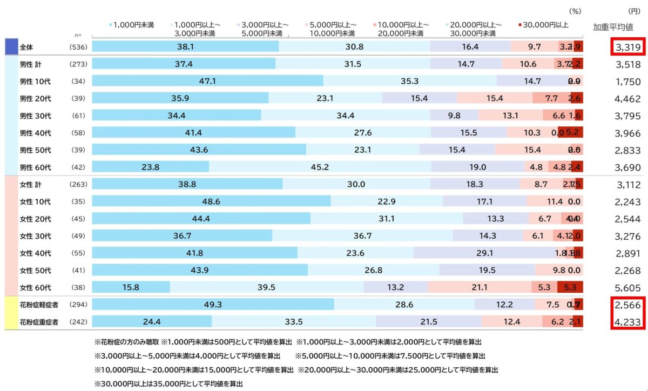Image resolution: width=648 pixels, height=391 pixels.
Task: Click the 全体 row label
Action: (26, 47)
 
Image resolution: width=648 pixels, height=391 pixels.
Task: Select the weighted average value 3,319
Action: (628, 48)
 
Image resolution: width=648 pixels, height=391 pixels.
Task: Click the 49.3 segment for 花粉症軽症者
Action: (213, 305)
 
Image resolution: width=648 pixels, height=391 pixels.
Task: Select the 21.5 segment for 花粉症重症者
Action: (428, 322)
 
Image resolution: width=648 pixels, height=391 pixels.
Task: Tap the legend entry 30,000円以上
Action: (543, 25)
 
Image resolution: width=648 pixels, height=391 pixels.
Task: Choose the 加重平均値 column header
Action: (613, 28)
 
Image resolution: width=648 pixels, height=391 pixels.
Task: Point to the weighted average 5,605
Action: (628, 288)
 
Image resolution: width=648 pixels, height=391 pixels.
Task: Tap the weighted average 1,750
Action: (628, 82)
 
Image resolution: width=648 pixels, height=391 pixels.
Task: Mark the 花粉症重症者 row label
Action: (38, 322)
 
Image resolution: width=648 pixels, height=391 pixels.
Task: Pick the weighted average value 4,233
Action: (628, 322)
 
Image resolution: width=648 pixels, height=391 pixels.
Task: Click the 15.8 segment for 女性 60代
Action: (131, 287)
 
